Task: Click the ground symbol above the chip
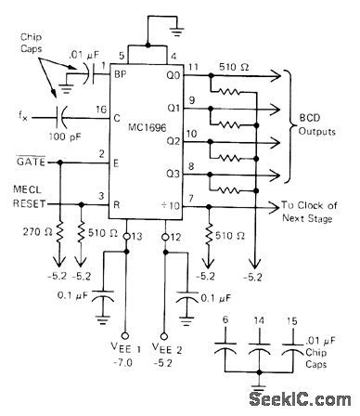[x=172, y=19]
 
